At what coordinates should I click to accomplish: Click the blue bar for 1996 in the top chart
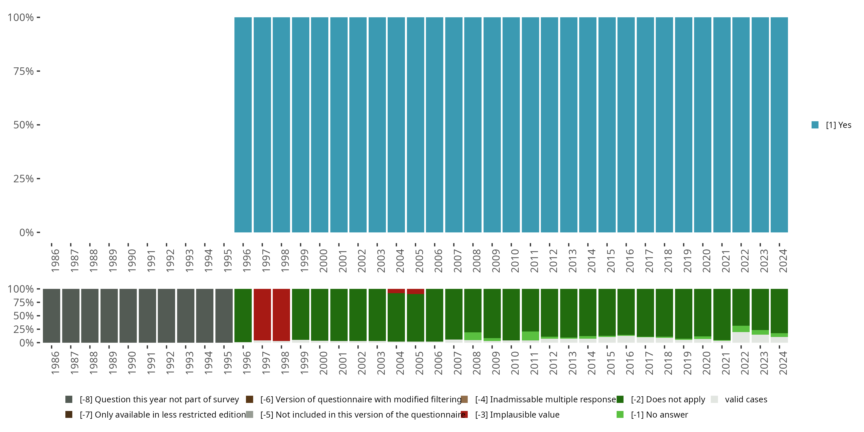243,125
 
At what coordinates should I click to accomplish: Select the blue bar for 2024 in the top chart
779,125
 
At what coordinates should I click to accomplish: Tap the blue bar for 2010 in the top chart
511,125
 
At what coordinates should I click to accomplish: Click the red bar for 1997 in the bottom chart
262,314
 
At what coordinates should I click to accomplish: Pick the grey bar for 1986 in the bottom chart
51,316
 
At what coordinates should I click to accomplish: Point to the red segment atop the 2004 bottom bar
396,291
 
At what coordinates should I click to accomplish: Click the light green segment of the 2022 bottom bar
741,329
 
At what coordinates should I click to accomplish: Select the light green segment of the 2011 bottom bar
530,336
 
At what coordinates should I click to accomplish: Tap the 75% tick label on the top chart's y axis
24,71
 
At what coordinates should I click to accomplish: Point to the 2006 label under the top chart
438,261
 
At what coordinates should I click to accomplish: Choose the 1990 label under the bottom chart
132,363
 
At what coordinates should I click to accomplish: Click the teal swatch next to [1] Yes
815,125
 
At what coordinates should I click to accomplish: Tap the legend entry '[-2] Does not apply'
668,399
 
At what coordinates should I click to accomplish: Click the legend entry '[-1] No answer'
659,414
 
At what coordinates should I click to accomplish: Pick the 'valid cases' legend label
746,399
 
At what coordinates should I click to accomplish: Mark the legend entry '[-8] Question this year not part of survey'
159,399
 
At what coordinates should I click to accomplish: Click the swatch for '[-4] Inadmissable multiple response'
464,399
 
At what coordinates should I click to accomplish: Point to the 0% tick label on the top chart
26,232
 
